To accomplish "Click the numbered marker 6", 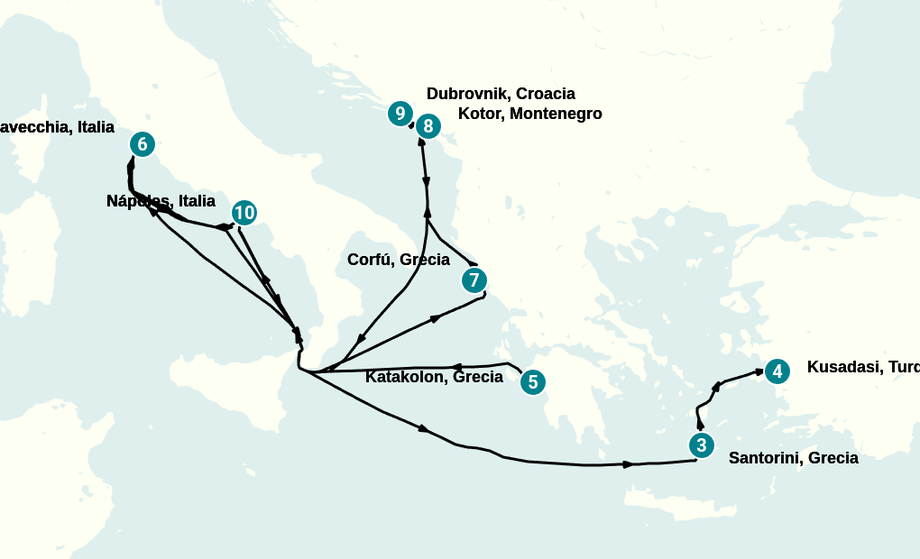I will (x=142, y=144).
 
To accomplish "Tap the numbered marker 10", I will (x=244, y=213).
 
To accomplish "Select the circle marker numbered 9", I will (x=400, y=114).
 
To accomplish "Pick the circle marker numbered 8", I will (x=428, y=126).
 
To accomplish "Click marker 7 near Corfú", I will (x=474, y=280).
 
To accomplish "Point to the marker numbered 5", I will (x=532, y=382).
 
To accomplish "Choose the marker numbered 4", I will (x=777, y=371).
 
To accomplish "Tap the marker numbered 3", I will (x=700, y=444).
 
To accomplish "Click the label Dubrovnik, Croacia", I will (x=501, y=94).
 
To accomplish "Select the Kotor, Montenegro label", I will (x=529, y=114).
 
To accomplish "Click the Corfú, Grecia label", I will (x=398, y=260).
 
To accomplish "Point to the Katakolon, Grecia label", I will (x=434, y=377).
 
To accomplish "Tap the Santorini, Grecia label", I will (x=793, y=458).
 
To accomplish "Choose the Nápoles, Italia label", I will (x=161, y=201).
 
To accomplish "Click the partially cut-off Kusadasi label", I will (x=862, y=367).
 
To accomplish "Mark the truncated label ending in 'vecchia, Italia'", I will (x=57, y=127).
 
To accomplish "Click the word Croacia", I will (x=545, y=94).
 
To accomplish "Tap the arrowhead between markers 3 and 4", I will (x=716, y=387).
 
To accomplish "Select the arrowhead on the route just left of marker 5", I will (x=456, y=367).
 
